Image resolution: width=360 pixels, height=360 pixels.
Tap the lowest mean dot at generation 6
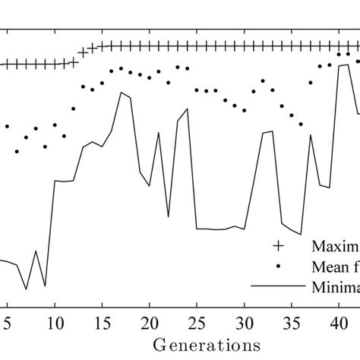[17, 151]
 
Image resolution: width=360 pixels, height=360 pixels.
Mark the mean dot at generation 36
[302, 125]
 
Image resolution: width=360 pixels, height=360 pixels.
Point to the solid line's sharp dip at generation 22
[168, 216]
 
